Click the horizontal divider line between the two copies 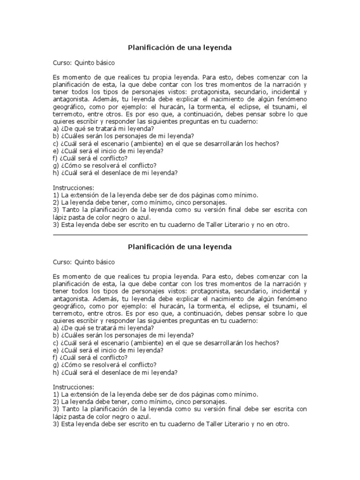pos(180,235)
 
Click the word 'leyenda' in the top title pos(216,48)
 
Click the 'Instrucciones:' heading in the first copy pos(74,188)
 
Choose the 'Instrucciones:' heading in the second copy pos(74,387)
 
